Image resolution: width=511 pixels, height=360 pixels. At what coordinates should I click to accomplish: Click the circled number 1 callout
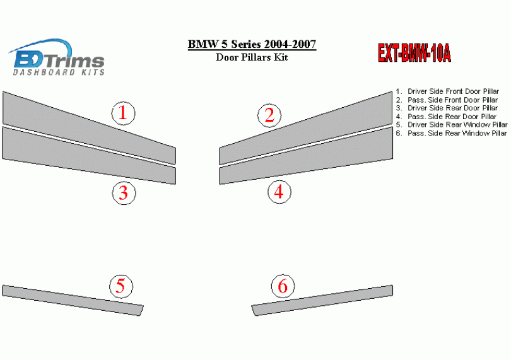123,113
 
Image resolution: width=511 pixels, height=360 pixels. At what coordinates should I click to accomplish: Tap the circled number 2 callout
269,115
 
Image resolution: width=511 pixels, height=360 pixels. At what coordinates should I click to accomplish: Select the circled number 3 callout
124,193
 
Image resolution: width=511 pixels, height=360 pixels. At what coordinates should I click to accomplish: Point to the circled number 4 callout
279,192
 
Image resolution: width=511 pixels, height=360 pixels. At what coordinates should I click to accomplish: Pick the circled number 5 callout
121,286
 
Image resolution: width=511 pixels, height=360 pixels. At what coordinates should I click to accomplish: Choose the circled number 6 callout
283,286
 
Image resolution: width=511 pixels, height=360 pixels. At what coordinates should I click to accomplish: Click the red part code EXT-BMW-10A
414,53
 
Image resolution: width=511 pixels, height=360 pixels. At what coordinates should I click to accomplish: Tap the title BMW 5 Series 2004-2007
252,44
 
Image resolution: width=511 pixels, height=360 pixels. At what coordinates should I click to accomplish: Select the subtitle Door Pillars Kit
252,57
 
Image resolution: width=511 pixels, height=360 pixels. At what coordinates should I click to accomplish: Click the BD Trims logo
57,57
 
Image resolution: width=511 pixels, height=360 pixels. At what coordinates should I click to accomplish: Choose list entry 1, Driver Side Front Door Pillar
447,91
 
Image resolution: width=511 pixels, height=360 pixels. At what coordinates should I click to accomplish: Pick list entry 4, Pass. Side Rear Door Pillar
446,117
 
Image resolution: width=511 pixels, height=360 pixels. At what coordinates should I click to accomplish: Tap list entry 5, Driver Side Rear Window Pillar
452,125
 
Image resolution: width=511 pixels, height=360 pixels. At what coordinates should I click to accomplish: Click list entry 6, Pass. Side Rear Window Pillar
451,133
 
